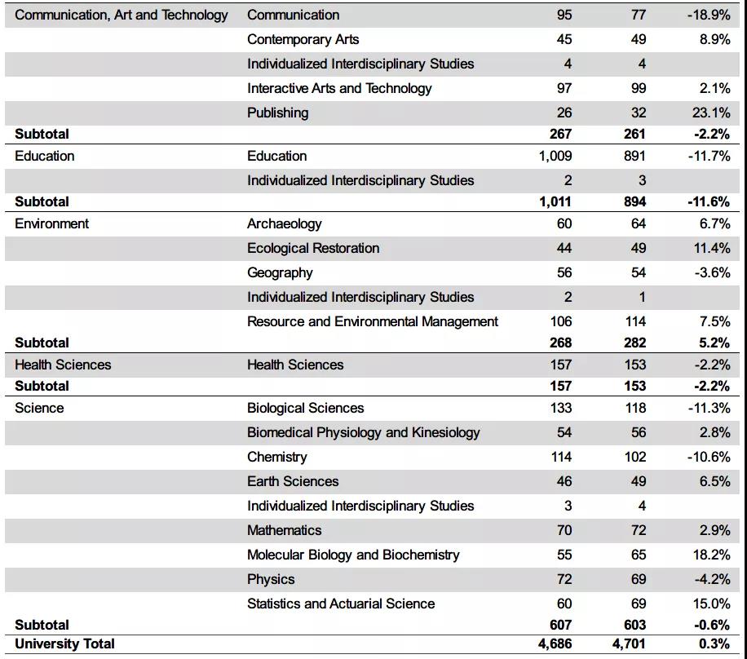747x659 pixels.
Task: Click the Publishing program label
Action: pyautogui.click(x=277, y=113)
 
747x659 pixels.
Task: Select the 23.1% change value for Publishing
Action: pyautogui.click(x=712, y=113)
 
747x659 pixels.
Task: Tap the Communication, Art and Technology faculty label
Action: pyautogui.click(x=122, y=15)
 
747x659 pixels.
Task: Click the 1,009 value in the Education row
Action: pyautogui.click(x=555, y=156)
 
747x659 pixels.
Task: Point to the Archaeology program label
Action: pyautogui.click(x=284, y=223)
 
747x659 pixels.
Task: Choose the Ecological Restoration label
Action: pyautogui.click(x=313, y=248)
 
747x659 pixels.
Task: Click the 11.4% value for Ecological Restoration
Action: pyautogui.click(x=712, y=248)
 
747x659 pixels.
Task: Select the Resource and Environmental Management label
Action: pyautogui.click(x=373, y=321)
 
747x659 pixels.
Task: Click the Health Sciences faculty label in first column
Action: pyautogui.click(x=63, y=365)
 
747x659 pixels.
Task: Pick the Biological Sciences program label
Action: pyautogui.click(x=305, y=408)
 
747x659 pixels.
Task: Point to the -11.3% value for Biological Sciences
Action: pyautogui.click(x=709, y=408)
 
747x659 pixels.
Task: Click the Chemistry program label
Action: pyautogui.click(x=277, y=457)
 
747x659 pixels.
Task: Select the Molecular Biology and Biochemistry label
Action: pyautogui.click(x=353, y=555)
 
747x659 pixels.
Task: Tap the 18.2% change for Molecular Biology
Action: pyautogui.click(x=712, y=555)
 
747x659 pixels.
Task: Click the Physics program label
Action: pyautogui.click(x=271, y=579)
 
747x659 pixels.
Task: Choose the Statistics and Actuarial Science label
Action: pyautogui.click(x=341, y=604)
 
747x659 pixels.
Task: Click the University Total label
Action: pyautogui.click(x=64, y=644)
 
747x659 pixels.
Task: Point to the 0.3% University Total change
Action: pyautogui.click(x=715, y=644)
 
